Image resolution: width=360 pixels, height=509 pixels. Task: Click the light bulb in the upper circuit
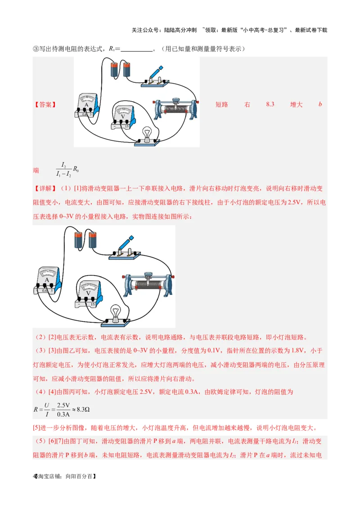click(x=147, y=134)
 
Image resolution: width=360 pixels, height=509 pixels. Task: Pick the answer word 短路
click(x=222, y=104)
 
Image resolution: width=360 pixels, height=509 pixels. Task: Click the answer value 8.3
click(x=270, y=104)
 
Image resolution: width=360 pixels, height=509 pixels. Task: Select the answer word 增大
click(x=296, y=104)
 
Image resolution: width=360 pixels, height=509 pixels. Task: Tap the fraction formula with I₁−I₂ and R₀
click(x=68, y=170)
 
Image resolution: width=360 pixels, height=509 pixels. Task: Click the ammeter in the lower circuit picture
click(x=47, y=281)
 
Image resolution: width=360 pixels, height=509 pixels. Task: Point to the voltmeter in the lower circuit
click(x=89, y=294)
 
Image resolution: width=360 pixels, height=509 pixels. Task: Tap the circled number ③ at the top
click(x=36, y=49)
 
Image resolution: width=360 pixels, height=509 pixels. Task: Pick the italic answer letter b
click(x=320, y=104)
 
